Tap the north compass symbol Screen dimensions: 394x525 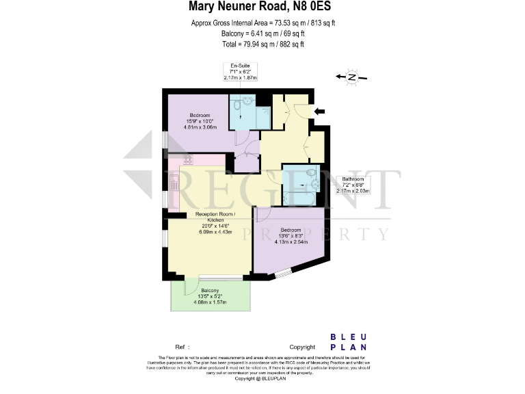pyautogui.click(x=351, y=78)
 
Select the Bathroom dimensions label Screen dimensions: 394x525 pyautogui.click(x=353, y=185)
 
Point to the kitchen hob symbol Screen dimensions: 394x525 pyautogui.click(x=187, y=160)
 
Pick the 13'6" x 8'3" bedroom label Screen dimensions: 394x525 pyautogui.click(x=291, y=235)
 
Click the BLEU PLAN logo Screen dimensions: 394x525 pyautogui.click(x=349, y=341)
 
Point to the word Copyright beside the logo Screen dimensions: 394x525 pyautogui.click(x=302, y=347)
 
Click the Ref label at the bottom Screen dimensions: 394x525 pyautogui.click(x=180, y=347)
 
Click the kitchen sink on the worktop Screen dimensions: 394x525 pyautogui.click(x=174, y=183)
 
